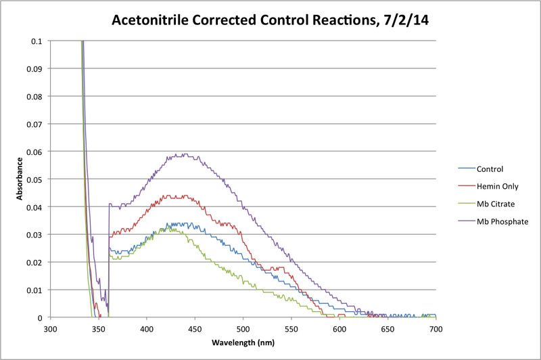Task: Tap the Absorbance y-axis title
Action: [x=20, y=179]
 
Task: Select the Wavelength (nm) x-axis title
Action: [x=243, y=342]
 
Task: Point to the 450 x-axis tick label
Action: [x=195, y=330]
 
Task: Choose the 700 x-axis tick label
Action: [x=436, y=330]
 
